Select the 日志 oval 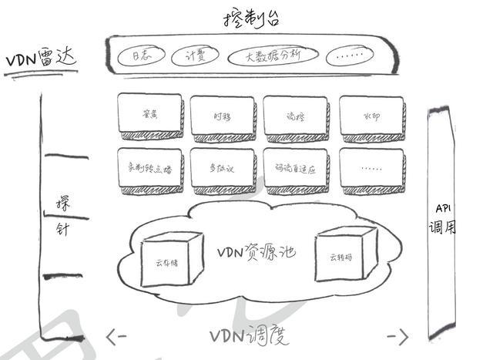(141, 56)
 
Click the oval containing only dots (351, 56)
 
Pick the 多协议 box (222, 167)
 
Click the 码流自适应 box (295, 167)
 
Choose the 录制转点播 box (149, 167)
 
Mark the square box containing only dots (371, 167)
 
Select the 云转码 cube (343, 255)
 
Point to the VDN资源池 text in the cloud (257, 252)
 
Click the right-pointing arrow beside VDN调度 (397, 336)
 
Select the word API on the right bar (443, 209)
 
